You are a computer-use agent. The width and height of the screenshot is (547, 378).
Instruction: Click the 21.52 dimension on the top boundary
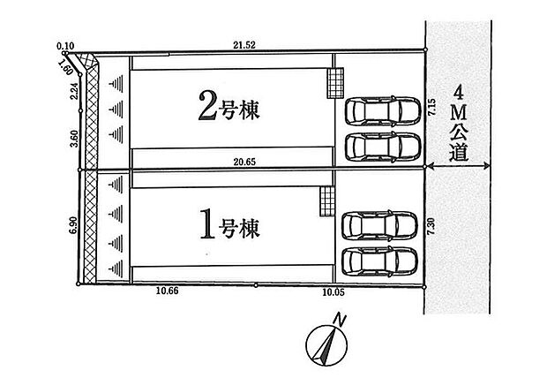[244, 45]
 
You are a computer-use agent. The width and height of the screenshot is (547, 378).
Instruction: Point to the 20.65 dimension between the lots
[244, 162]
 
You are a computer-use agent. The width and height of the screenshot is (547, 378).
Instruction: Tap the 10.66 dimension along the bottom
[167, 291]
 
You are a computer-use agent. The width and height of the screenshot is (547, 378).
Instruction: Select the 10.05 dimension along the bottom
[333, 292]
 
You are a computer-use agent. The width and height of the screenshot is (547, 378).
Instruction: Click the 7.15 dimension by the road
[432, 107]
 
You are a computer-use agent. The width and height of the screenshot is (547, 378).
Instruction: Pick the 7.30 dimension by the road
[431, 226]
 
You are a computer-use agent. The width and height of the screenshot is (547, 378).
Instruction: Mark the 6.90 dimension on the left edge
[73, 226]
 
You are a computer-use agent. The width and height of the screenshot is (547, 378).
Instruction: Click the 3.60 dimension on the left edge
[74, 139]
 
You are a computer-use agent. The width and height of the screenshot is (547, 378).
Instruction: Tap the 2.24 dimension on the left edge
[74, 93]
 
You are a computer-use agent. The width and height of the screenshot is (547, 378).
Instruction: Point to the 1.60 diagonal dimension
[65, 67]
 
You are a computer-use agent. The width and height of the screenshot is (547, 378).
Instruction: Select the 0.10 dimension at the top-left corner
[65, 46]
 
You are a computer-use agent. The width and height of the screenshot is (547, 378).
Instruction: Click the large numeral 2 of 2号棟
[207, 106]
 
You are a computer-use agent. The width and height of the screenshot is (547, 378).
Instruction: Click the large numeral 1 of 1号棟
[207, 224]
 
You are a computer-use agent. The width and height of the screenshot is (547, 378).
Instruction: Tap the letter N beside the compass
[339, 320]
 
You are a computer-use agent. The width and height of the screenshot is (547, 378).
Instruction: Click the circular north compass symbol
[326, 345]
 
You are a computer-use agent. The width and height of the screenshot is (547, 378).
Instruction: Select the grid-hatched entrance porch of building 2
[335, 83]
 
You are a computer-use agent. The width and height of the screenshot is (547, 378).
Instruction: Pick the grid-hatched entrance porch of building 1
[327, 201]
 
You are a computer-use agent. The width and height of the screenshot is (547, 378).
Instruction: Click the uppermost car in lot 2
[383, 110]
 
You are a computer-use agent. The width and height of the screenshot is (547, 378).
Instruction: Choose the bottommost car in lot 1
[379, 261]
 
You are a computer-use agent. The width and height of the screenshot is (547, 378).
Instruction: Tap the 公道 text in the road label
[459, 142]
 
